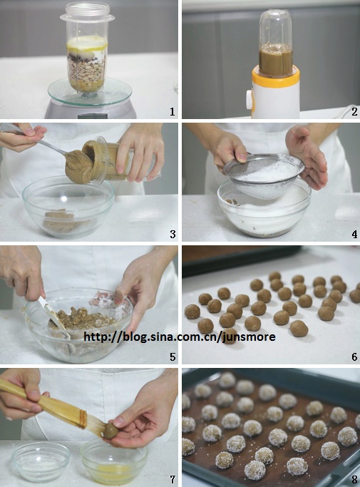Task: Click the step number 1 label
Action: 173,112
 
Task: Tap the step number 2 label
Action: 354,112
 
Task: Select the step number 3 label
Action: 173,234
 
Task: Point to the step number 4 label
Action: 354,234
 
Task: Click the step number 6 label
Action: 354,357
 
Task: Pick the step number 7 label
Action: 173,479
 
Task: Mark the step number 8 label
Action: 354,479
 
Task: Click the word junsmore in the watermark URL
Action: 249,337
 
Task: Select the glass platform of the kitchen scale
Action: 90,91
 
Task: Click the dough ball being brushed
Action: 110,431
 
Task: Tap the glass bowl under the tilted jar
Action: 68,207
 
